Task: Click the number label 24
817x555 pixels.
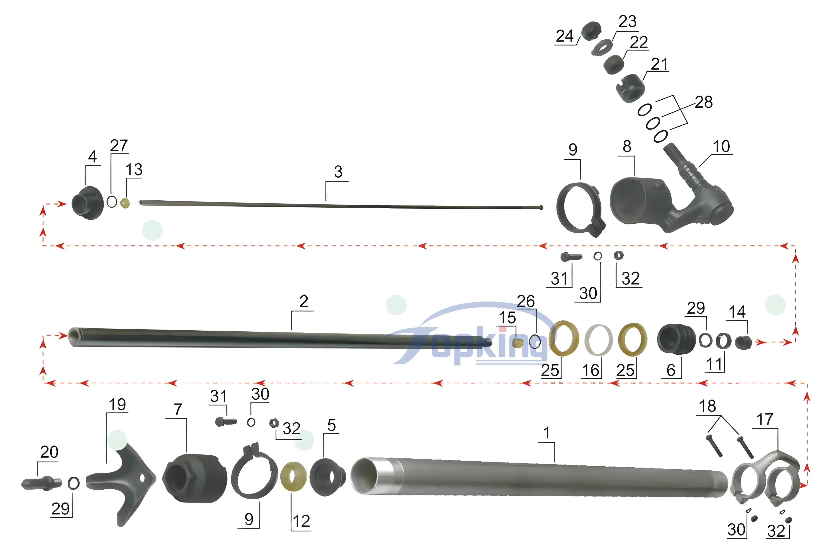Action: point(564,36)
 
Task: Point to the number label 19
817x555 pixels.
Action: point(117,405)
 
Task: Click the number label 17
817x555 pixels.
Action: point(765,419)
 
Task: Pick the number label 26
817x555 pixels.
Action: point(526,301)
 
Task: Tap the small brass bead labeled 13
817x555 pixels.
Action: point(125,203)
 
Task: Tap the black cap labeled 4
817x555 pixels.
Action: point(87,203)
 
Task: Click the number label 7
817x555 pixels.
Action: point(178,410)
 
